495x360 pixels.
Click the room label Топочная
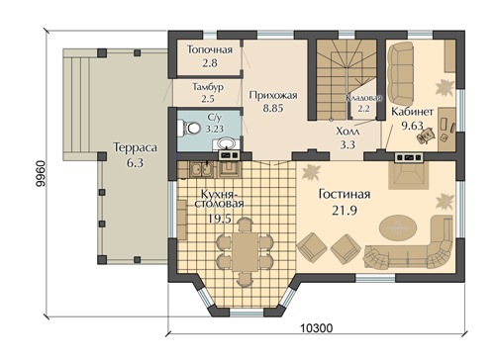pyautogui.click(x=210, y=49)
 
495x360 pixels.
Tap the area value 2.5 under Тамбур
pyautogui.click(x=208, y=99)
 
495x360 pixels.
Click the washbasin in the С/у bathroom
pyautogui.click(x=226, y=143)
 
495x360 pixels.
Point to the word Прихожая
pyautogui.click(x=273, y=95)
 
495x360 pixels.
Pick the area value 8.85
pyautogui.click(x=273, y=108)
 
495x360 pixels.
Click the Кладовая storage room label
pyautogui.click(x=363, y=98)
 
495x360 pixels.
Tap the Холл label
pyautogui.click(x=347, y=132)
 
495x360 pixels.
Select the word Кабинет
pyautogui.click(x=412, y=112)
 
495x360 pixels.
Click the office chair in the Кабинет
pyautogui.click(x=427, y=135)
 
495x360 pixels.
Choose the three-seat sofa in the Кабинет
pyautogui.click(x=400, y=73)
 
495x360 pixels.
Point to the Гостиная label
pyautogui.click(x=345, y=194)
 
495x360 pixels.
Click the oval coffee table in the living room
pyautogui.click(x=398, y=227)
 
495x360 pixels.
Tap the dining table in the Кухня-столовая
pyautogui.click(x=245, y=252)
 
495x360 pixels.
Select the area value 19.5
pyautogui.click(x=220, y=218)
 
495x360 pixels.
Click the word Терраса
pyautogui.click(x=135, y=147)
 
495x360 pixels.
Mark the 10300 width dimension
pyautogui.click(x=317, y=328)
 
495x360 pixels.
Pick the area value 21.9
pyautogui.click(x=345, y=211)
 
